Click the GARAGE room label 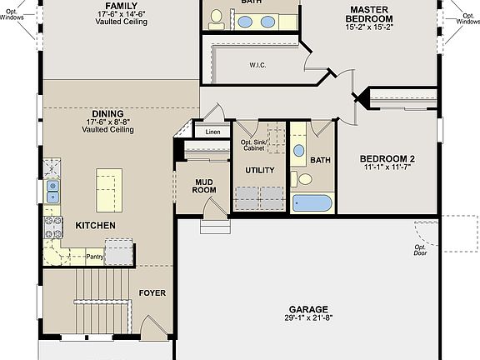pyautogui.click(x=308, y=308)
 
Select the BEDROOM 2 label pyautogui.click(x=387, y=158)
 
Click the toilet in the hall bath pyautogui.click(x=305, y=178)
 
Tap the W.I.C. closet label pyautogui.click(x=257, y=64)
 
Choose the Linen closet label pyautogui.click(x=212, y=132)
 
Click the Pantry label pyautogui.click(x=95, y=257)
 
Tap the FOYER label pyautogui.click(x=152, y=293)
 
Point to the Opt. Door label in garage pyautogui.click(x=421, y=251)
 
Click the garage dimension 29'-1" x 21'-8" pyautogui.click(x=308, y=318)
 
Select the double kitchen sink pyautogui.click(x=52, y=191)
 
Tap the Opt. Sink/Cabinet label pyautogui.click(x=257, y=146)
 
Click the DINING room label pyautogui.click(x=108, y=113)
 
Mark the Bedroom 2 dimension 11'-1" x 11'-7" pyautogui.click(x=387, y=167)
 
